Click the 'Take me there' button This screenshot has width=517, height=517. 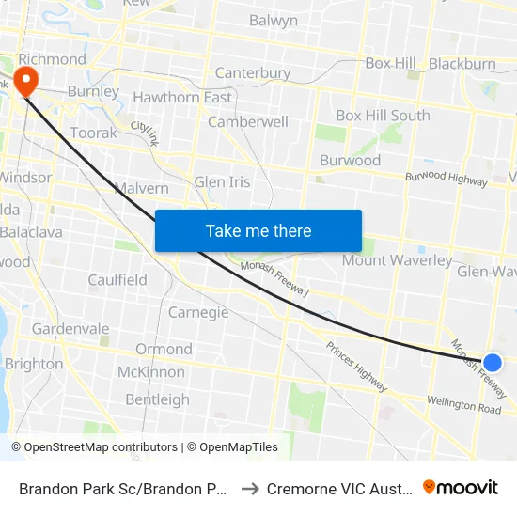point(258,231)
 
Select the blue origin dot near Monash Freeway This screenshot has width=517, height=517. point(493,363)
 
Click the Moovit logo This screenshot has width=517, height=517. point(461,488)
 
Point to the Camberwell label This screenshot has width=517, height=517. point(248,122)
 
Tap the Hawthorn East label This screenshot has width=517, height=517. point(182,98)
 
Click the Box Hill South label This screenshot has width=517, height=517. point(383,116)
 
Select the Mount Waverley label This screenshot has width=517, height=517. point(397,260)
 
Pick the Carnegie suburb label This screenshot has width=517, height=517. point(198,312)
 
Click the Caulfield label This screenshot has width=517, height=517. point(117,280)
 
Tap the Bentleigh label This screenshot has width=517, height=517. point(157,399)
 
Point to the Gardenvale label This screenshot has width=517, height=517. point(72,329)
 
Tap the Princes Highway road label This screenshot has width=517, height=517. point(356,368)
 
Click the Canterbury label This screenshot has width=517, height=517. point(253,73)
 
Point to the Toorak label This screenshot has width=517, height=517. point(94,133)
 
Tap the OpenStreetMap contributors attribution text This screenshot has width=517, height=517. point(95,447)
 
